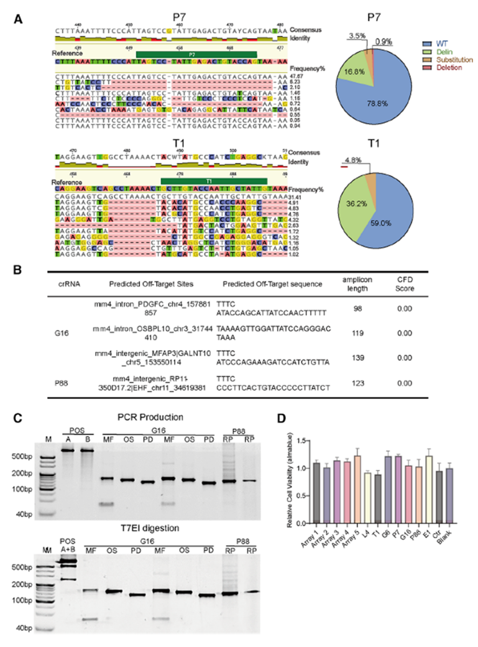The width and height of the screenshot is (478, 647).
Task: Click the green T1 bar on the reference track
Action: click(x=213, y=180)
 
